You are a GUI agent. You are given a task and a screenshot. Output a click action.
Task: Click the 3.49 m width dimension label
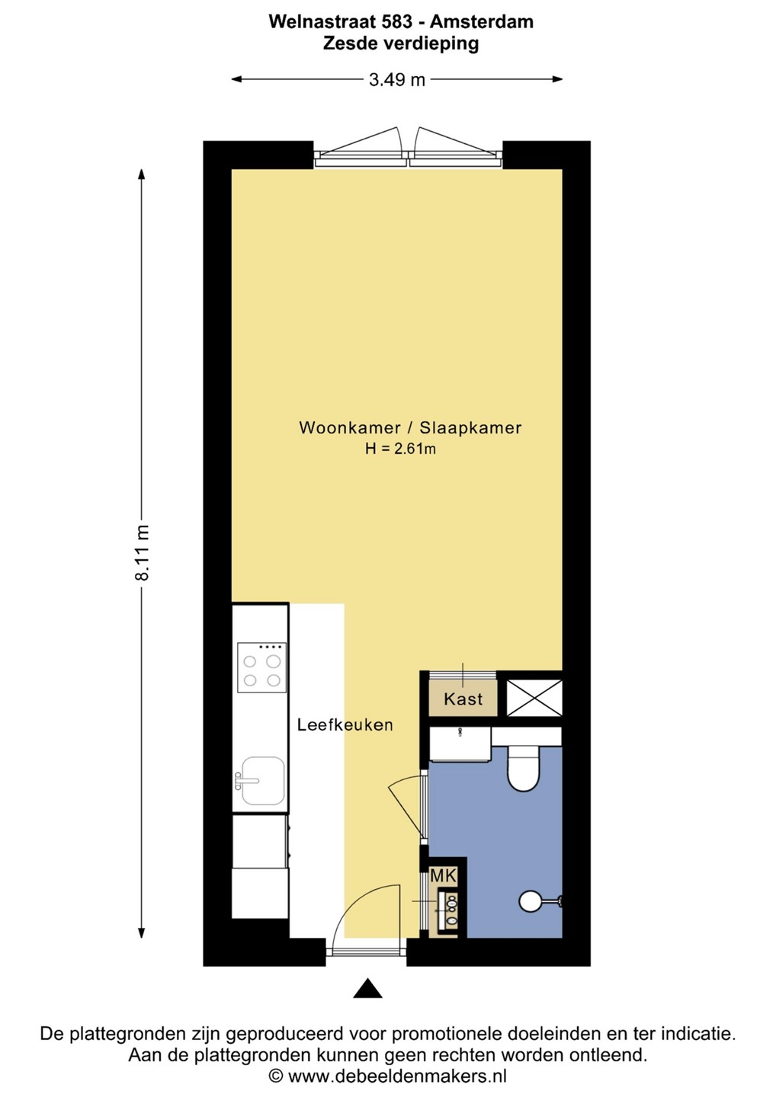[x=397, y=79]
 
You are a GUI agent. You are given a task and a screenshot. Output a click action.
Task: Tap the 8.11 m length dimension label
[x=142, y=553]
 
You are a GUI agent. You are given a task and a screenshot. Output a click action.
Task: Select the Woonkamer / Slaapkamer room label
[x=410, y=427]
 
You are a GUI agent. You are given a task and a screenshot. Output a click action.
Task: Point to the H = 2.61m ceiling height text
[x=400, y=449]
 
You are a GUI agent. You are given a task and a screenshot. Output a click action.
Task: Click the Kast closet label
[x=463, y=699]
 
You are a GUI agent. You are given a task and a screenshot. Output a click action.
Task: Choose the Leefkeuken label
[x=345, y=724]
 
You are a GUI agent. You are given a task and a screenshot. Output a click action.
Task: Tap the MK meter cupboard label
[x=444, y=875]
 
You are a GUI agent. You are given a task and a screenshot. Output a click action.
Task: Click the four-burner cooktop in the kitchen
[x=261, y=667]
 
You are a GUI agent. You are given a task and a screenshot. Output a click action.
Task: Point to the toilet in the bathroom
[x=524, y=768]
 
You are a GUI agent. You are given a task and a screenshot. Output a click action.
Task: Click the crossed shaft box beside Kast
[x=534, y=697]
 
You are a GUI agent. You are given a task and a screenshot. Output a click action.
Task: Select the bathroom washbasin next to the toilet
[x=460, y=744]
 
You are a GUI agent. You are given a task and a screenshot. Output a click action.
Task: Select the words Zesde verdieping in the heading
[x=401, y=43]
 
